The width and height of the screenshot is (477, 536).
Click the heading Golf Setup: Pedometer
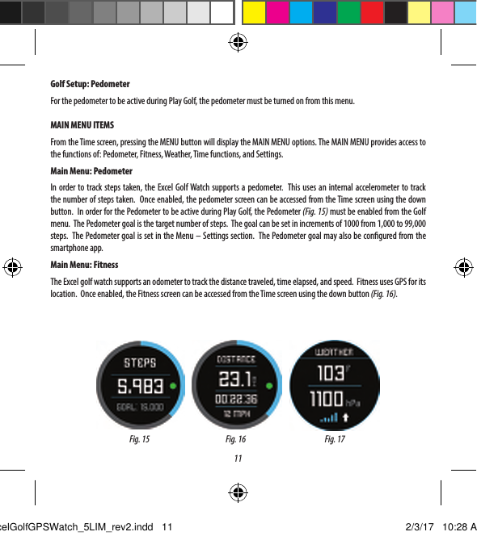[x=90, y=85]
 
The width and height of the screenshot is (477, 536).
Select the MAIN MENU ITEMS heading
[x=82, y=127]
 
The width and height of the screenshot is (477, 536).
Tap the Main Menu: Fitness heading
[x=84, y=265]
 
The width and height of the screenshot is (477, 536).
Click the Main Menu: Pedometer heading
[x=91, y=171]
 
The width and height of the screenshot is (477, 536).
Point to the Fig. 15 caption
[x=139, y=440]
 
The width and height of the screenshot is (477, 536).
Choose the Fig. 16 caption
[x=235, y=440]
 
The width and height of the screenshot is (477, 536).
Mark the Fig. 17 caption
[x=335, y=440]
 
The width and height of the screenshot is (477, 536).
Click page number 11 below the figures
[x=238, y=459]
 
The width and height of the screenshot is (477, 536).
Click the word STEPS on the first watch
[x=139, y=363]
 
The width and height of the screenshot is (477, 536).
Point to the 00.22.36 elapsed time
[x=235, y=399]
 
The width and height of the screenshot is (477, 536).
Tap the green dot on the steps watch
[x=173, y=387]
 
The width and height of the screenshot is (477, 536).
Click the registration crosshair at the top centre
[x=238, y=42]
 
